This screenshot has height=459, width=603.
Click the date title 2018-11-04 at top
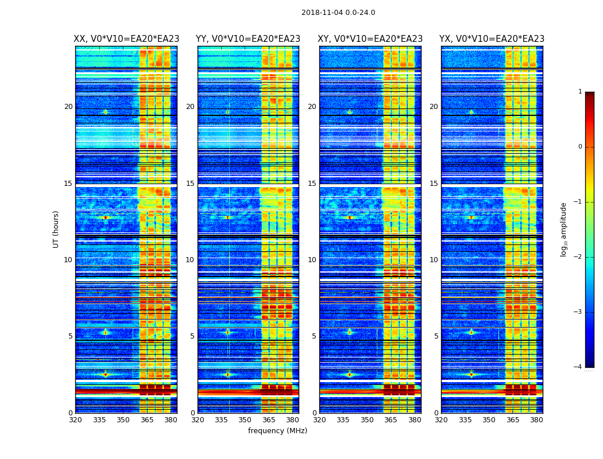[338, 13]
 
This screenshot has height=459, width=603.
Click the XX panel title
[126, 39]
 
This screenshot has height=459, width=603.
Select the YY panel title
[248, 39]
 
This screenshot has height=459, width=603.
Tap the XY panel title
[370, 39]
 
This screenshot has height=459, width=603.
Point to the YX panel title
[492, 39]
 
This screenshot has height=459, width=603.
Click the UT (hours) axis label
[56, 229]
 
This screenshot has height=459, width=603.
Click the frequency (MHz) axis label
[277, 431]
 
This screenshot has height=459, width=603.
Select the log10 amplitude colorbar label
[564, 229]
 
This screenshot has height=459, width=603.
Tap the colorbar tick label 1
[580, 92]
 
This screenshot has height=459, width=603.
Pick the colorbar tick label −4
[578, 367]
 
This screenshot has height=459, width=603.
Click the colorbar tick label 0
[580, 147]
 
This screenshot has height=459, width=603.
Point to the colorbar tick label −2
[578, 257]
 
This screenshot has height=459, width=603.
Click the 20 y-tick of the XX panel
[68, 107]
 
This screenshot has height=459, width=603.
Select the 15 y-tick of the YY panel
[190, 184]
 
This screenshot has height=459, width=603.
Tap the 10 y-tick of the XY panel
[312, 260]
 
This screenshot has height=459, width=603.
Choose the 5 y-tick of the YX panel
[436, 336]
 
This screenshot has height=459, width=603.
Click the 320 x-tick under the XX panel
[75, 420]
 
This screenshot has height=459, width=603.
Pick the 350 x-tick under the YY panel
[245, 420]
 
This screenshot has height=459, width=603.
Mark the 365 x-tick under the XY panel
[391, 420]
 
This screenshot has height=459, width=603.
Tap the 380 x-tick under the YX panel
[536, 420]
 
